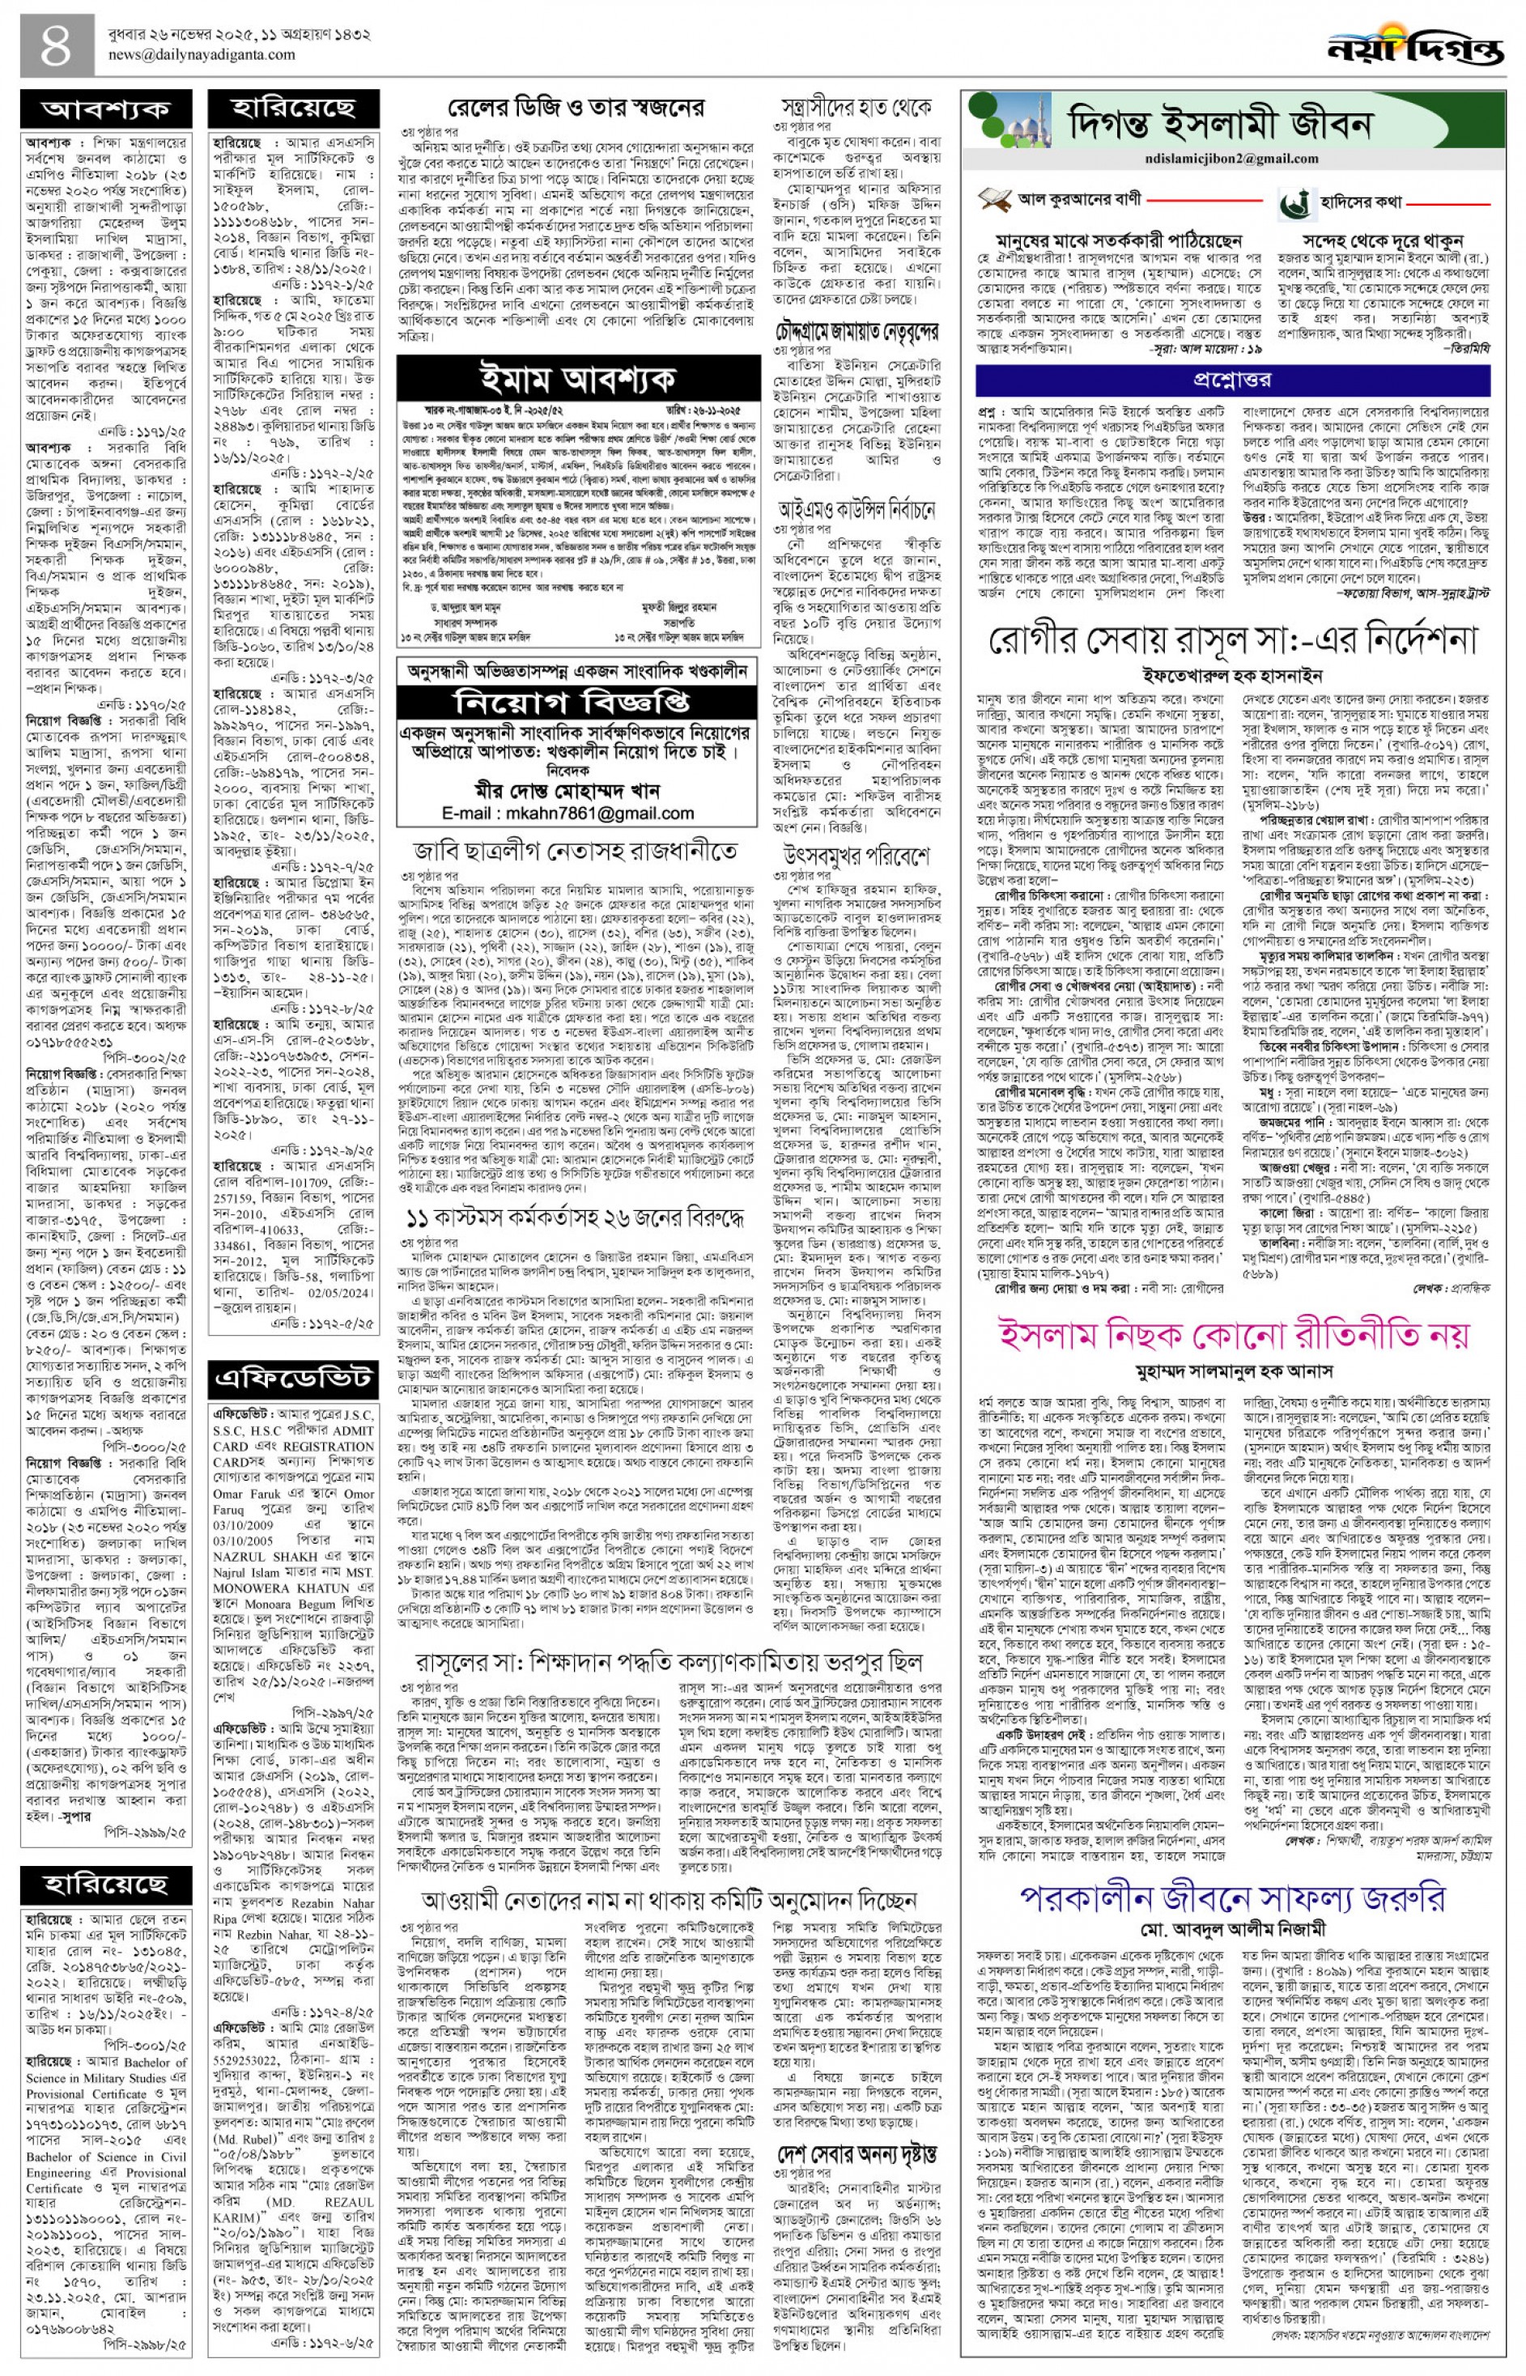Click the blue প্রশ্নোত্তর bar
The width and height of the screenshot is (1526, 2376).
coord(1231,380)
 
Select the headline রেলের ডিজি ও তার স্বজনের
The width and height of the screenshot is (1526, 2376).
coord(576,106)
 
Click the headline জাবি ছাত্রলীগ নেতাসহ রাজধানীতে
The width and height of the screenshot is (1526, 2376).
coord(576,851)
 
